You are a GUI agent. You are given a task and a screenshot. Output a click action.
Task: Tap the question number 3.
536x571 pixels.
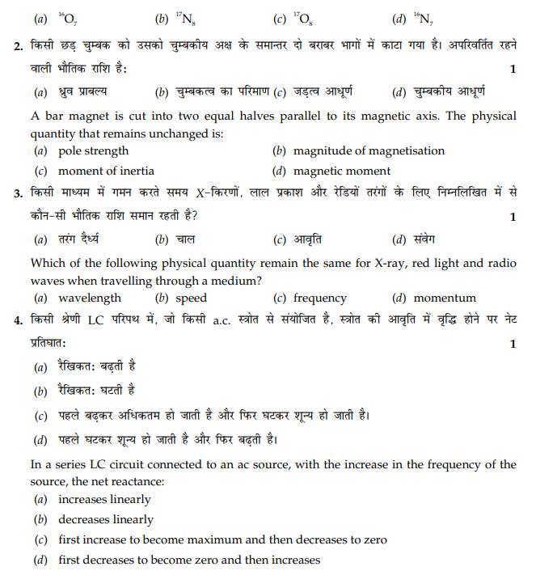tap(19, 194)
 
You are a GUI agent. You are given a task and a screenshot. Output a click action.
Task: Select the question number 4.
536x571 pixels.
tap(19, 321)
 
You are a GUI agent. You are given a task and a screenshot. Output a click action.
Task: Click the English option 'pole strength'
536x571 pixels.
tap(93, 150)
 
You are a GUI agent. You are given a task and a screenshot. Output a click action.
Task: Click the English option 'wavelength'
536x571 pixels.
tap(89, 298)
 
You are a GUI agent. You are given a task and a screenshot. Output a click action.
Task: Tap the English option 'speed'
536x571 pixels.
tap(191, 298)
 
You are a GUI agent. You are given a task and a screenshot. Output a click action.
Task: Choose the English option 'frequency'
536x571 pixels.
tap(319, 298)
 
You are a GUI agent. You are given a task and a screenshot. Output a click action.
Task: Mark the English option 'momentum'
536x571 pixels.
tap(445, 298)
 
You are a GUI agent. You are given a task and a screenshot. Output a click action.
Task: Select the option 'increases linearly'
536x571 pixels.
tap(104, 499)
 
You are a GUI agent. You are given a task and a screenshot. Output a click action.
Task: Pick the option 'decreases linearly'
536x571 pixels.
tap(106, 519)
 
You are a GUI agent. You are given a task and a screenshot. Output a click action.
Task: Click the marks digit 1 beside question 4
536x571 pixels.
tap(513, 344)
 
